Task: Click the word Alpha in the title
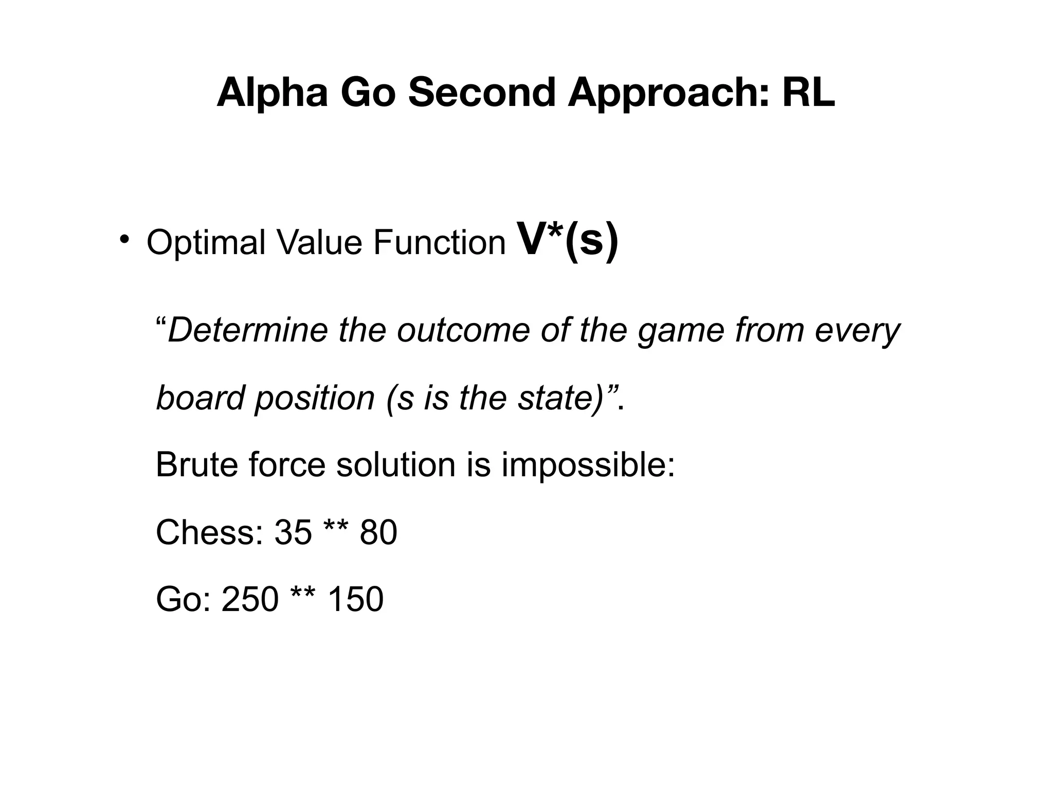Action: [272, 93]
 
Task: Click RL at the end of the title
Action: [809, 93]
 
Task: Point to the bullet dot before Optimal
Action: [124, 239]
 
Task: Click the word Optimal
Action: [206, 243]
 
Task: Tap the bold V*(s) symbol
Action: [568, 240]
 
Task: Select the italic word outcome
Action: [463, 330]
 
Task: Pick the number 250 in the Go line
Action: [250, 599]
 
